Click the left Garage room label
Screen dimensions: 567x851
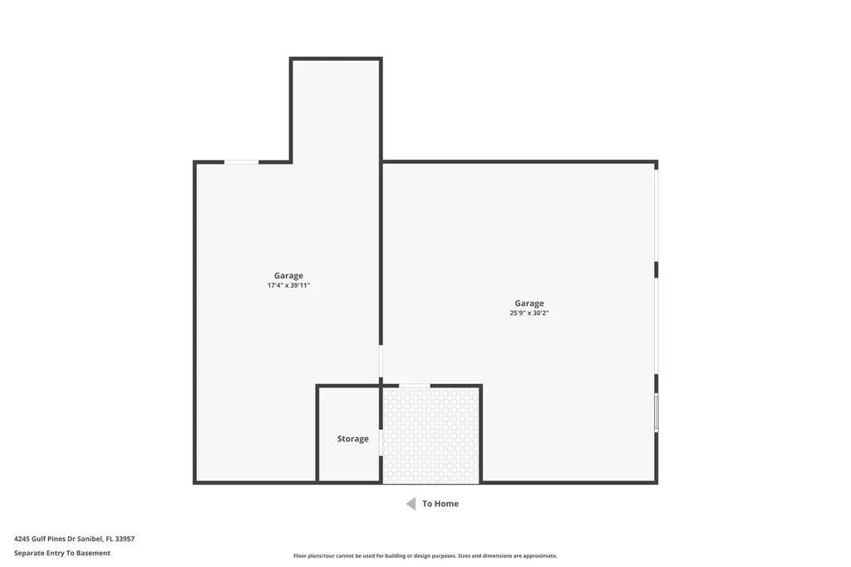(288, 276)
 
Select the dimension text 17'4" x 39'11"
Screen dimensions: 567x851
(288, 285)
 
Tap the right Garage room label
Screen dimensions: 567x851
(529, 303)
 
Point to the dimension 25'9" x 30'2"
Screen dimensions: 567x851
(529, 313)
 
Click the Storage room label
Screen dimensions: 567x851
(352, 439)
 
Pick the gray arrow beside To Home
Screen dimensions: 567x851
(411, 504)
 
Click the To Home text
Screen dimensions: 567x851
(440, 504)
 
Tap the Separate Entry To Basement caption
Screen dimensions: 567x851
(62, 553)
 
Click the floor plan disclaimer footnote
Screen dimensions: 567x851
(425, 556)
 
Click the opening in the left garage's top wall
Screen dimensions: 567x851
(241, 162)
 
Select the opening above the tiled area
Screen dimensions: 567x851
(415, 386)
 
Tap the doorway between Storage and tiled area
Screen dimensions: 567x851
(381, 442)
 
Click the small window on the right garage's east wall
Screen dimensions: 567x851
(656, 412)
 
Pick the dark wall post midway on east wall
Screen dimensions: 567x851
(656, 269)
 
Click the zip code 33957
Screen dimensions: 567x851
(125, 539)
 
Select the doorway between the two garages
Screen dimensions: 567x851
(381, 362)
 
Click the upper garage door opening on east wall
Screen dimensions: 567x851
(656, 215)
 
